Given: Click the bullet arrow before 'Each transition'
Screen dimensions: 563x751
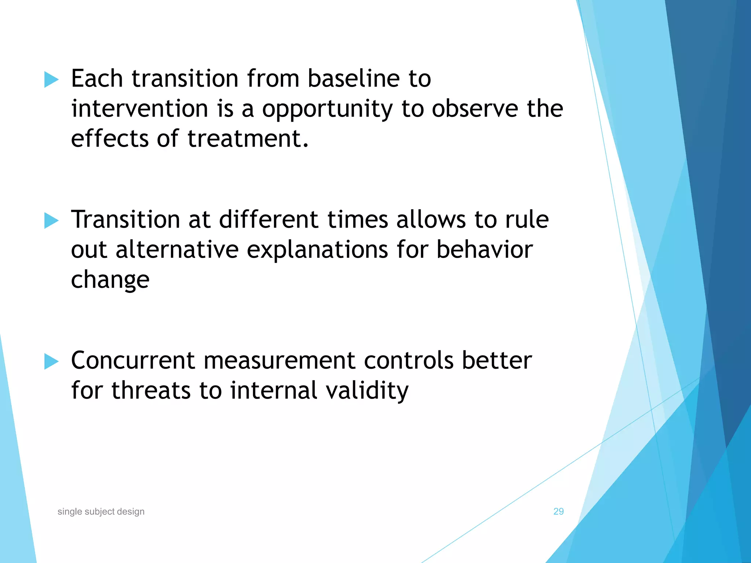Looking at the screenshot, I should pyautogui.click(x=51, y=80).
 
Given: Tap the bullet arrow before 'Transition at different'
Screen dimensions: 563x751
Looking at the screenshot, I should pyautogui.click(x=51, y=220).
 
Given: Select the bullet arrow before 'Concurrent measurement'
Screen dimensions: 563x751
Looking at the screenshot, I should pyautogui.click(x=51, y=361).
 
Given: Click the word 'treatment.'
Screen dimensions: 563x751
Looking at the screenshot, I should pyautogui.click(x=248, y=139).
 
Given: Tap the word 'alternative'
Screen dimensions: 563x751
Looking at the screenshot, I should pyautogui.click(x=177, y=250).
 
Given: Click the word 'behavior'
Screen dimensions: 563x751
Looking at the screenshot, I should pyautogui.click(x=484, y=250).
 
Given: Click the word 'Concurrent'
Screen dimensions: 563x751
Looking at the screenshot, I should pyautogui.click(x=132, y=360).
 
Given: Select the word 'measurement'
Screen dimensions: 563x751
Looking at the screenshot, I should pyautogui.click(x=279, y=360).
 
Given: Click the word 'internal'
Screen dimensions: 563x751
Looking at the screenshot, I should pyautogui.click(x=274, y=390).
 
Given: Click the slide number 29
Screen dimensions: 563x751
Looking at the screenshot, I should pyautogui.click(x=558, y=511).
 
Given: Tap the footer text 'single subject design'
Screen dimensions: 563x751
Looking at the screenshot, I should pyautogui.click(x=101, y=511).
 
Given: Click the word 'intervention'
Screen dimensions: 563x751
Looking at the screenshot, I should pyautogui.click(x=140, y=109).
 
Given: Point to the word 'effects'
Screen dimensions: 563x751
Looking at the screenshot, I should pyautogui.click(x=109, y=139).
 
